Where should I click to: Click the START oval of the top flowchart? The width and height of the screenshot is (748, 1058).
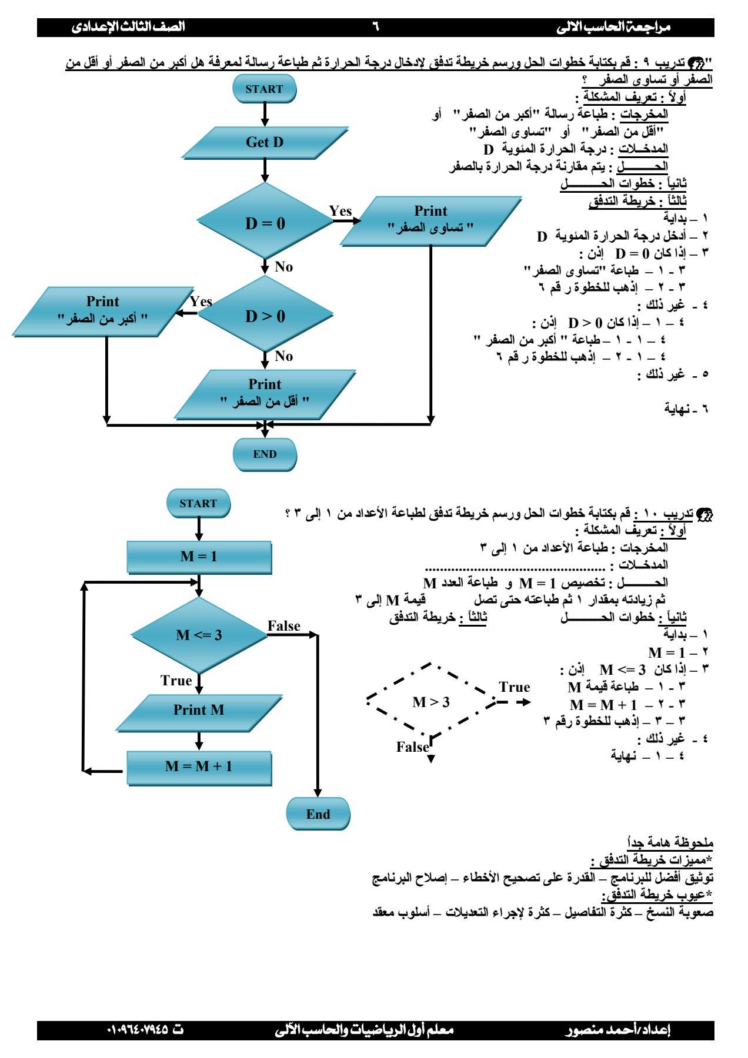point(265,89)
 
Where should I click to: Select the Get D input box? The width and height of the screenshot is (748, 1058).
point(265,142)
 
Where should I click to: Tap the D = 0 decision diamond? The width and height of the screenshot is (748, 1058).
point(265,223)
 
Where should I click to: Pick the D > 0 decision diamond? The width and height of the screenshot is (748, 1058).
point(265,316)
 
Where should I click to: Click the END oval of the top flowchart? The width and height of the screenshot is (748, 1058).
point(265,454)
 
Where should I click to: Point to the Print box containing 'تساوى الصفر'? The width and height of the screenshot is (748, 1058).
point(430,220)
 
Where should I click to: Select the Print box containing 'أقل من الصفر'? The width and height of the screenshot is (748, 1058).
point(265,394)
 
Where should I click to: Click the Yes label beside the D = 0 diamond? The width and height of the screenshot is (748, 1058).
point(340,211)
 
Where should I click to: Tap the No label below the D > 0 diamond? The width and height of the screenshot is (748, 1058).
point(283,356)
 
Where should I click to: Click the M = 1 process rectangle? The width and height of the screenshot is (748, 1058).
point(199,557)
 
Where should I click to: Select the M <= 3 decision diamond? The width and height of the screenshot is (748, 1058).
point(199,635)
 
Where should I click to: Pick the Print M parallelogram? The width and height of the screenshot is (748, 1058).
point(199,710)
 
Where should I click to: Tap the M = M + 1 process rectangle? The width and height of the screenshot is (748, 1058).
point(199,766)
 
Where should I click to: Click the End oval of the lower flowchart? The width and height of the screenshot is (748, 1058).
point(318,814)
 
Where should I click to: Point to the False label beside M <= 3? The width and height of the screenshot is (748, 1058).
point(284,627)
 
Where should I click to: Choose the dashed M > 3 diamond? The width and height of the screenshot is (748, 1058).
point(431,702)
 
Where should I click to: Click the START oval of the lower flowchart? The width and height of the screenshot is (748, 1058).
point(198,503)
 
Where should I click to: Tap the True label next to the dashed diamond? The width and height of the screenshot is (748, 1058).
point(515,687)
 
